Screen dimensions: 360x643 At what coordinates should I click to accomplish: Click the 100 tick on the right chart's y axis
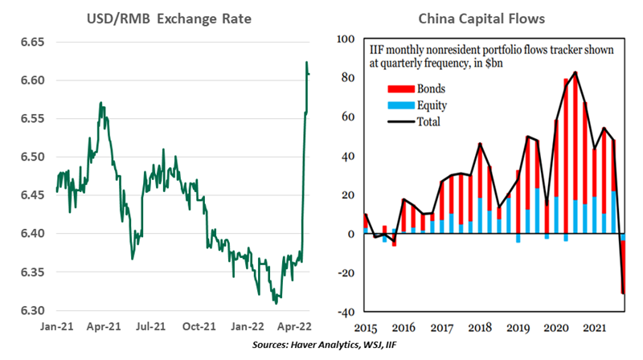pyautogui.click(x=345, y=39)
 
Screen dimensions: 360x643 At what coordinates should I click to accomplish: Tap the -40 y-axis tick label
pyautogui.click(x=345, y=311)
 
